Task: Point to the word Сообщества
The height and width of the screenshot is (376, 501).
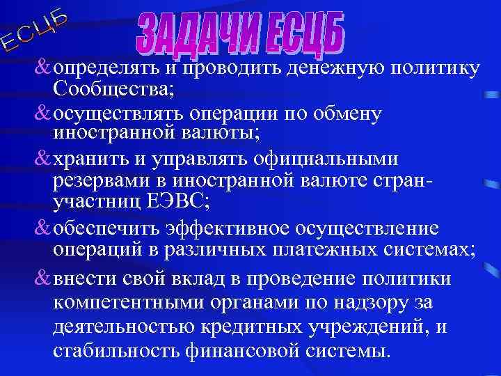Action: pyautogui.click(x=111, y=90)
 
